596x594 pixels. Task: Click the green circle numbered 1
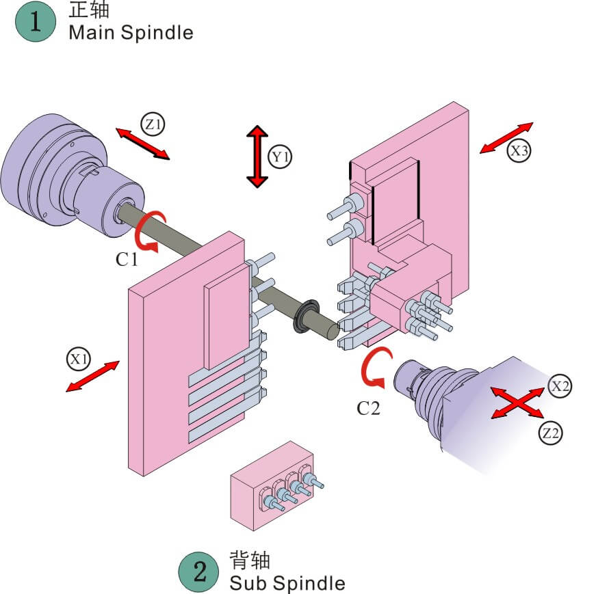(x=35, y=22)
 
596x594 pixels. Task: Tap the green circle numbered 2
(x=198, y=572)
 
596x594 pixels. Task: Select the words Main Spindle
(x=131, y=32)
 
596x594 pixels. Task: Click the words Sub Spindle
(x=287, y=583)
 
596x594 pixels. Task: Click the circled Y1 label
(x=281, y=157)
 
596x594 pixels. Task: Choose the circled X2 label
(x=560, y=386)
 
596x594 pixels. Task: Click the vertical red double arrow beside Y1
(x=257, y=157)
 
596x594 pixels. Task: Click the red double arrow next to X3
(x=506, y=137)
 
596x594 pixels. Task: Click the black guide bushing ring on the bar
(x=305, y=318)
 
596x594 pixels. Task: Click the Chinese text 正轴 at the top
(x=89, y=10)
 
